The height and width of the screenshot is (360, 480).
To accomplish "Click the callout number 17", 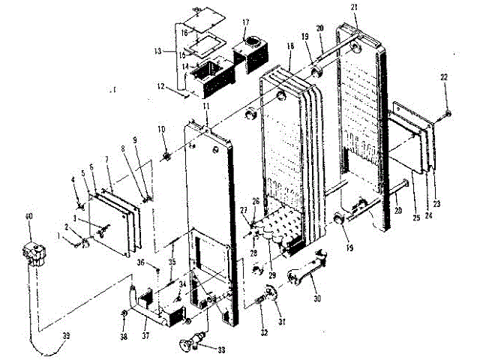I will (245, 22).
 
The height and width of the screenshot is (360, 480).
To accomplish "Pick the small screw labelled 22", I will (448, 112).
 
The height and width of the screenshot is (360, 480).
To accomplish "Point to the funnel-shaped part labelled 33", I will (190, 343).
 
